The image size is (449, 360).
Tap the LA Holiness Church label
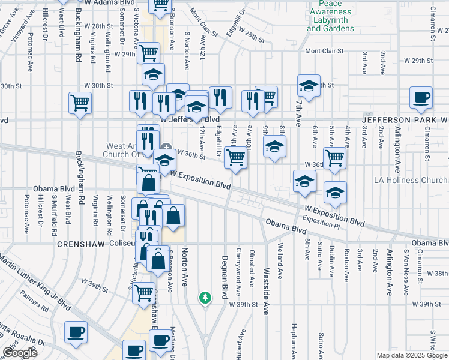point(411,180)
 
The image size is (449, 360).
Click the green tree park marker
point(205,298)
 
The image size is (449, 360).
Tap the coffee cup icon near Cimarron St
point(421,98)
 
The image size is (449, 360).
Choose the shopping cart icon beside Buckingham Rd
point(80,103)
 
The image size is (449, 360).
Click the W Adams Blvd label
point(109,3)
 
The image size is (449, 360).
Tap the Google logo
point(20,353)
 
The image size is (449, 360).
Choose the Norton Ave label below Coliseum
point(185,262)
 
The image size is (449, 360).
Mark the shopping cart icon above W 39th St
point(143,293)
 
